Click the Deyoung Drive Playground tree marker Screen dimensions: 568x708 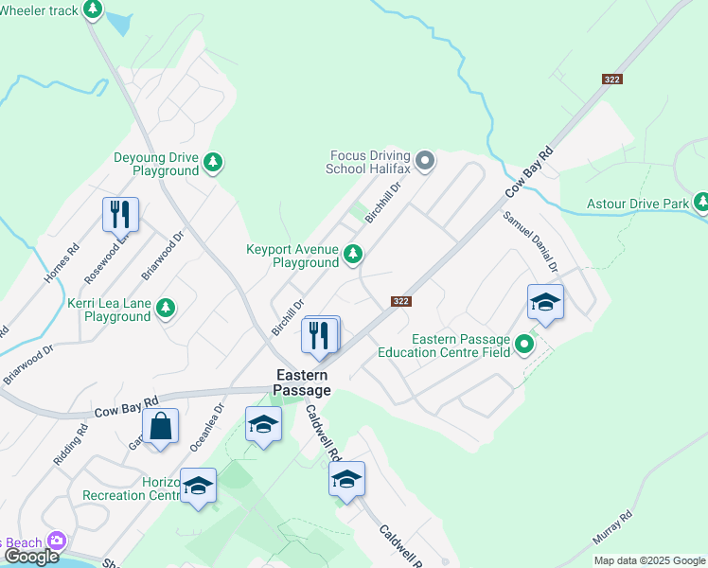point(215,162)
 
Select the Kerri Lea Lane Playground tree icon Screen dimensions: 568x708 point(166,308)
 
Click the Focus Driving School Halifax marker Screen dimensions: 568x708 point(425,159)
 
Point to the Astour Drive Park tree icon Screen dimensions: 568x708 point(701,202)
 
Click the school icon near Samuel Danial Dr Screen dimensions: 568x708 point(545,302)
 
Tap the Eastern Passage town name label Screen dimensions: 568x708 point(304,382)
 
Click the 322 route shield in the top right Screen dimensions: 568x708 point(611,80)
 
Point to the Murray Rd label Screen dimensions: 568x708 point(612,528)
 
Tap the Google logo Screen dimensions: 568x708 point(31,556)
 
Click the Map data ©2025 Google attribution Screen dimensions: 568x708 point(648,560)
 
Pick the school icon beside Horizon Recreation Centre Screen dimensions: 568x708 point(198,486)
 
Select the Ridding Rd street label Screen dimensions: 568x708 point(70,443)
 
